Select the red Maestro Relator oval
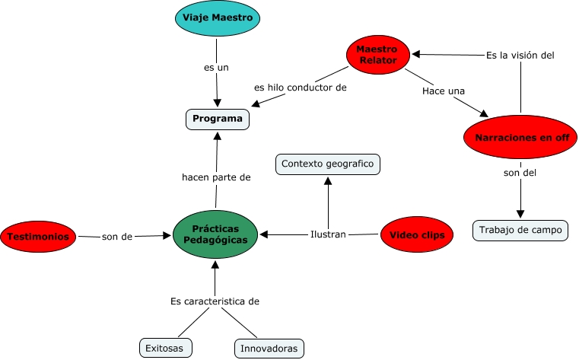tap(377, 54)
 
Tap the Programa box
tap(218, 119)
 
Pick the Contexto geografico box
tap(327, 164)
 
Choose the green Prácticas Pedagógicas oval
tap(215, 234)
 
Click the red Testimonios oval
tap(39, 237)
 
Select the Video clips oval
tap(417, 235)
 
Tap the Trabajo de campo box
tap(520, 229)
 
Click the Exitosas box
tap(166, 348)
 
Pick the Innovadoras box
tap(269, 348)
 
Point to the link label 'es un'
tap(216, 68)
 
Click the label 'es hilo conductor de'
tap(301, 88)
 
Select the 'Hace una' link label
tap(444, 91)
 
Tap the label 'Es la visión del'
tap(520, 55)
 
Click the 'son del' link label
tap(520, 173)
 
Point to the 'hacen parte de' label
tap(216, 177)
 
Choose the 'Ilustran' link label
tap(328, 234)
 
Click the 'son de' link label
tap(117, 237)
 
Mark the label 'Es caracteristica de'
tap(215, 301)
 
